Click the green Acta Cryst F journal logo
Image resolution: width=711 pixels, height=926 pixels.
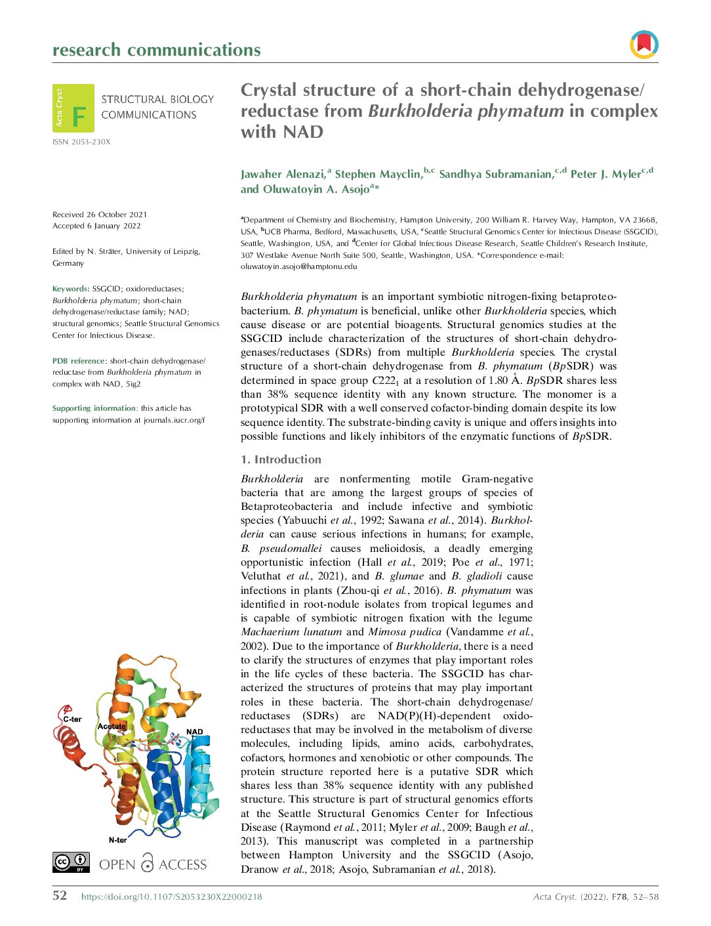tap(73, 108)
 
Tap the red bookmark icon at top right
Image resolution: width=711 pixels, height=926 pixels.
tap(643, 45)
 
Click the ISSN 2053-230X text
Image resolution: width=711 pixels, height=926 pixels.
tap(81, 142)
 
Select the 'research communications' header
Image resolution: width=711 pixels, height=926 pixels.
tap(156, 50)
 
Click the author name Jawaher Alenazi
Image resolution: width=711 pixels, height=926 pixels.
tap(282, 174)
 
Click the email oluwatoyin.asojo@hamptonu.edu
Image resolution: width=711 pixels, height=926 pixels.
tap(298, 266)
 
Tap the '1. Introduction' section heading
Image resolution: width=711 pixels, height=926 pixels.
tap(281, 459)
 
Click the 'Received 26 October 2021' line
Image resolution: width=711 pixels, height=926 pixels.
tap(100, 215)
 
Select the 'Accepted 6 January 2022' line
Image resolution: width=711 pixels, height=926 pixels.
tap(96, 226)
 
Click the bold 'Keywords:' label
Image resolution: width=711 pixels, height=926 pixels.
tap(71, 289)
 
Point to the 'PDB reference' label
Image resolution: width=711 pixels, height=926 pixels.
tap(79, 361)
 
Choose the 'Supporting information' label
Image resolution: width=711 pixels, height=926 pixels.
tap(94, 408)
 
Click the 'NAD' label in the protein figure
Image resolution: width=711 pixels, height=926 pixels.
tap(195, 732)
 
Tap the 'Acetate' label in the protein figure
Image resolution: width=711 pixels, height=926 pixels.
tap(112, 726)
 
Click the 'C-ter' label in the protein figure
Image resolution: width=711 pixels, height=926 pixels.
tap(72, 719)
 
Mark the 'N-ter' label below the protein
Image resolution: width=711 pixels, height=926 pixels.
tap(118, 840)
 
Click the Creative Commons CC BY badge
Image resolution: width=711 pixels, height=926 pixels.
tap(71, 862)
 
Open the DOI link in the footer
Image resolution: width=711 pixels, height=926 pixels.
tap(171, 897)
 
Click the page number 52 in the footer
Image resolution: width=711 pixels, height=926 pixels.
tap(60, 896)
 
